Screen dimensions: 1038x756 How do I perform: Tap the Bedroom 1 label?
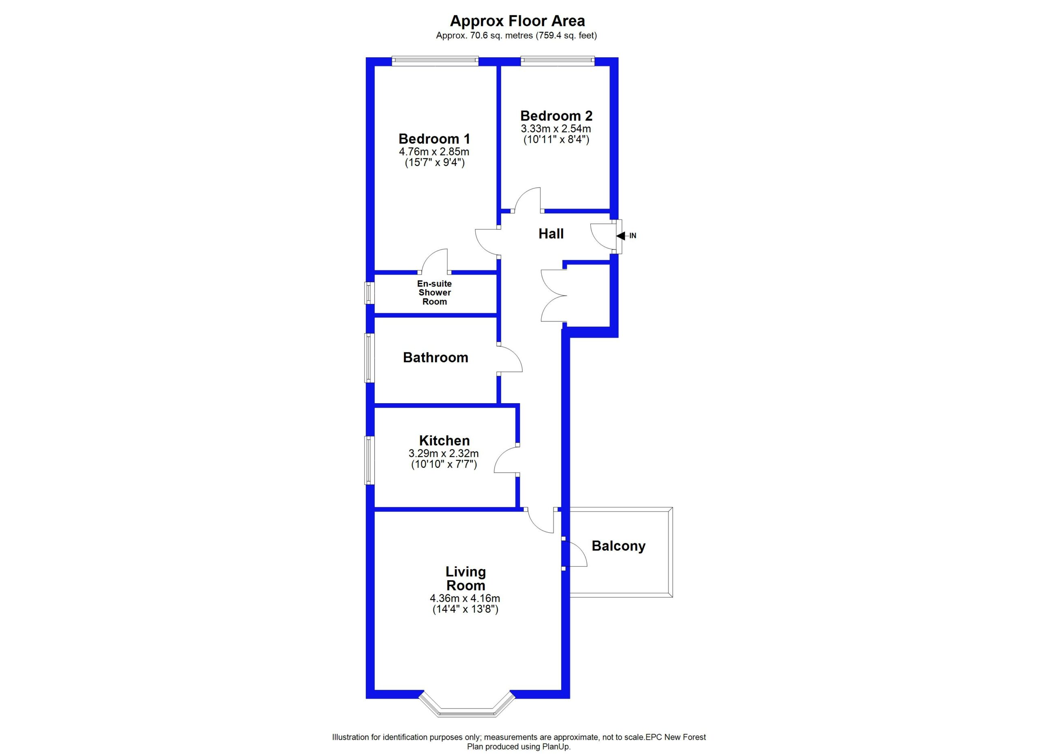coord(434,138)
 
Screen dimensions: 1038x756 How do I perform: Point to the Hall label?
coord(551,234)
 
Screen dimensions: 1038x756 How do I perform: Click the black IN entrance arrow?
coord(621,236)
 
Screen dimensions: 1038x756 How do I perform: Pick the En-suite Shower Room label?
coord(434,292)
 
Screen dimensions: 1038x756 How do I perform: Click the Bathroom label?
coord(436,357)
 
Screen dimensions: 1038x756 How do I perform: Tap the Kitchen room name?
coord(444,440)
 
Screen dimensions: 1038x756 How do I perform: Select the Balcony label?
coord(618,546)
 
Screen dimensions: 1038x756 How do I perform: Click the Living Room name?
coord(466,578)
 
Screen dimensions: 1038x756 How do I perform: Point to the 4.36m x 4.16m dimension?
coord(465,598)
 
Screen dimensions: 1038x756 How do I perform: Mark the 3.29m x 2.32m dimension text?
coord(444,454)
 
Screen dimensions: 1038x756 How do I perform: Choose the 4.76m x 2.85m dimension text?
coord(434,152)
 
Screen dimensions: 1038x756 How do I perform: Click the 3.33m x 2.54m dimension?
coord(555,129)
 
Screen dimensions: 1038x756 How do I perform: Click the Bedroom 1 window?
coord(435,61)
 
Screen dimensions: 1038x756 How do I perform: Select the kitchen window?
coord(369,460)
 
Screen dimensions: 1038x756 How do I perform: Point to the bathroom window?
coord(369,358)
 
